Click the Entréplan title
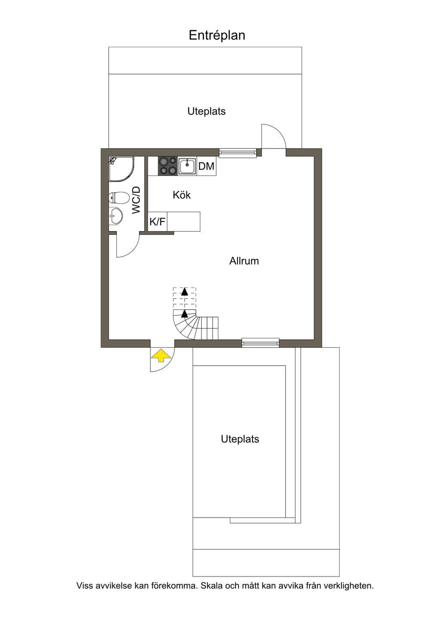coord(217,36)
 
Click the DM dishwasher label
coord(206,167)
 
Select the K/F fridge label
coord(158,222)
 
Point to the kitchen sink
coord(187,167)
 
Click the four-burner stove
coord(168,166)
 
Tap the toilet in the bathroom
coord(119,198)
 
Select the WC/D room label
coord(136,200)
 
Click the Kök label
coord(182,195)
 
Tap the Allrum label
coord(244,261)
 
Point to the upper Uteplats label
coord(206,111)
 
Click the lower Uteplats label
coord(240,439)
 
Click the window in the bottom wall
coord(260,342)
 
